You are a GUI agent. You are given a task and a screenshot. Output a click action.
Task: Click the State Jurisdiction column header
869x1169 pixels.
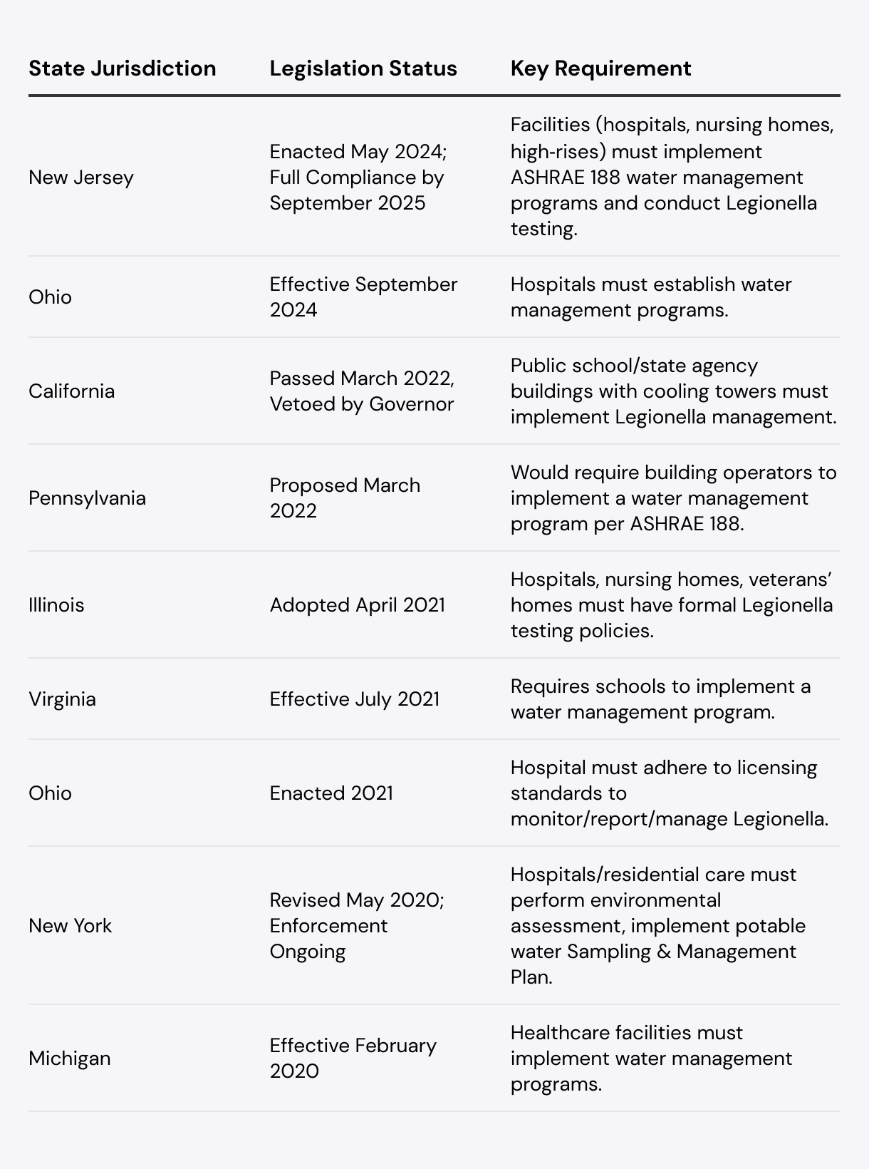pos(122,68)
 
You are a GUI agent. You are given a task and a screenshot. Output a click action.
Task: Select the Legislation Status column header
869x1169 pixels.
pos(363,68)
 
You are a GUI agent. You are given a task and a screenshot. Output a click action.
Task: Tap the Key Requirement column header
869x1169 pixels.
pos(600,68)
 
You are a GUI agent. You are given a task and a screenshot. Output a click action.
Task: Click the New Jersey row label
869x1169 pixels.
pos(81,177)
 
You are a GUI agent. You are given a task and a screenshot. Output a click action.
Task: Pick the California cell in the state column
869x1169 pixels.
pos(71,391)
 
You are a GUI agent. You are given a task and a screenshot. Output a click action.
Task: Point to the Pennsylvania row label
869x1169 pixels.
pos(87,498)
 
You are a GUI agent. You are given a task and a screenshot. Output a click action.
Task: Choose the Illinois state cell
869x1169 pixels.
pos(56,605)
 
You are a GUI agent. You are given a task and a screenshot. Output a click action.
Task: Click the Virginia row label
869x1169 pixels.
pos(62,699)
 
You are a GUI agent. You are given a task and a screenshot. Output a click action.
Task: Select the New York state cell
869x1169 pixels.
pos(70,926)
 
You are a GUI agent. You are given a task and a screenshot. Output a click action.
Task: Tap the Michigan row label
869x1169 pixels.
pos(70,1059)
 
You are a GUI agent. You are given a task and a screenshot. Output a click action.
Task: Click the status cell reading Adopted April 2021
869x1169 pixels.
pos(357,605)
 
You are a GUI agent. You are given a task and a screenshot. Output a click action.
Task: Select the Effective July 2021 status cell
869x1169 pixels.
pos(354,699)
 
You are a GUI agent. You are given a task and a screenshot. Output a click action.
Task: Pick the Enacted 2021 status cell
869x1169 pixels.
pos(331,793)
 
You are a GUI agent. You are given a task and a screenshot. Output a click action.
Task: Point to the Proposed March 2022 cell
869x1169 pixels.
pos(345,498)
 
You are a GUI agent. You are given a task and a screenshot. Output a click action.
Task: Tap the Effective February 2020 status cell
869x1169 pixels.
pos(353,1059)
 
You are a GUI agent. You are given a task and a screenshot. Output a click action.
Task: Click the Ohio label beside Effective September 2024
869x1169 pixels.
pos(50,297)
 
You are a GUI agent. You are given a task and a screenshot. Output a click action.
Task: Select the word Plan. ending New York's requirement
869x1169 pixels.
pos(531,977)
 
